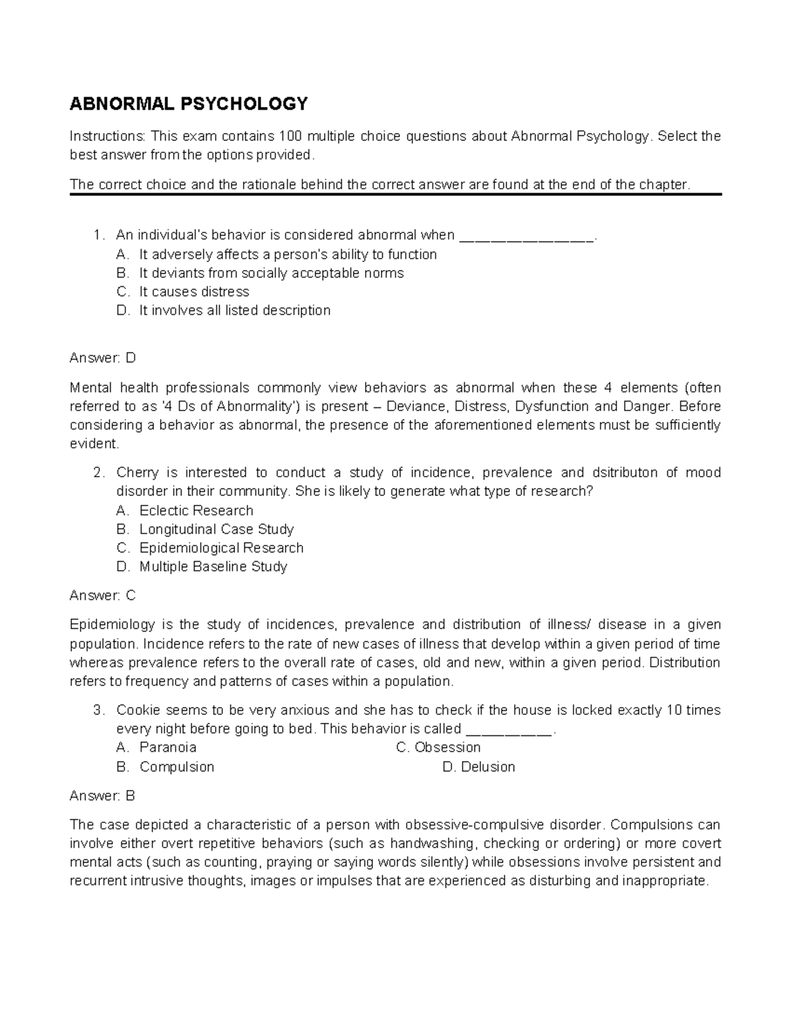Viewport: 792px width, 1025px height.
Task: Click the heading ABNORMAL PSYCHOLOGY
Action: pyautogui.click(x=189, y=104)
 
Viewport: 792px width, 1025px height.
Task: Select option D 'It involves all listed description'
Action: pyautogui.click(x=234, y=310)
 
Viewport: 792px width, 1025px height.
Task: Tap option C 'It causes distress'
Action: pyautogui.click(x=194, y=292)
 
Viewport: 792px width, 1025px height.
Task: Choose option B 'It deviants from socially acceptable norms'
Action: pyautogui.click(x=271, y=273)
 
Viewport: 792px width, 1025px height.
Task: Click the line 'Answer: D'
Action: pyautogui.click(x=102, y=358)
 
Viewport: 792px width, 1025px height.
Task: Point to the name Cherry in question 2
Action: pyautogui.click(x=137, y=473)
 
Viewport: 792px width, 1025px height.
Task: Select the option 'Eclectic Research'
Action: pyautogui.click(x=196, y=511)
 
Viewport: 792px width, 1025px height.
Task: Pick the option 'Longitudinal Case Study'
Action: pyautogui.click(x=216, y=529)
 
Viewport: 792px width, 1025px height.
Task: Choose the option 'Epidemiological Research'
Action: pyautogui.click(x=221, y=548)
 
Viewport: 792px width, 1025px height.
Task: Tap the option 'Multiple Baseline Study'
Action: pyautogui.click(x=213, y=566)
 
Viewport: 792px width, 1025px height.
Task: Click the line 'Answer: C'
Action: pyautogui.click(x=102, y=595)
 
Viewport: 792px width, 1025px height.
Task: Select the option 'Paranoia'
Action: pyautogui.click(x=168, y=747)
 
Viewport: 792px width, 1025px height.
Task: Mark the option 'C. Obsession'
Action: pyautogui.click(x=438, y=747)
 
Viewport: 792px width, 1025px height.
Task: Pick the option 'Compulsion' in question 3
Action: pyautogui.click(x=176, y=767)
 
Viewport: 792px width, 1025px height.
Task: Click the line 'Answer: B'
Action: pyautogui.click(x=102, y=796)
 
